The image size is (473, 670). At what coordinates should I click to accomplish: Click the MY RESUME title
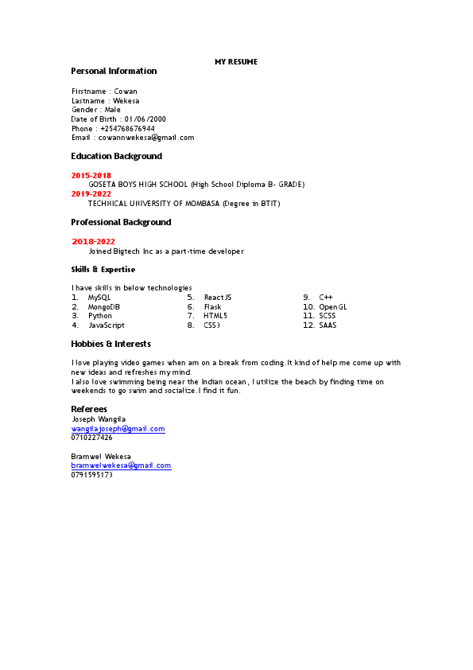click(236, 62)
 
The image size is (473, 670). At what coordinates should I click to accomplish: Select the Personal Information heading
click(114, 72)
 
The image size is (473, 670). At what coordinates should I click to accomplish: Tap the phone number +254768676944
click(127, 128)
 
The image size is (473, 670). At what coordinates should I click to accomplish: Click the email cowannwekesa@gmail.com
click(145, 138)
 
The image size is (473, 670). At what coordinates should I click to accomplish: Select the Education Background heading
click(116, 157)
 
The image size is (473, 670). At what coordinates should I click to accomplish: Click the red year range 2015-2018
click(91, 175)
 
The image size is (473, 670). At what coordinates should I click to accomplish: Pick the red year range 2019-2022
click(91, 193)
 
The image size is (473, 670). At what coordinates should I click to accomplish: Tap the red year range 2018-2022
click(94, 241)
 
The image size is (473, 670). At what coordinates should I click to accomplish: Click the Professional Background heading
click(121, 223)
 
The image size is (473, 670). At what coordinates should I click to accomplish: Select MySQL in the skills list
click(99, 297)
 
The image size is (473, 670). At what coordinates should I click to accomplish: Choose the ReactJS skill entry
click(218, 297)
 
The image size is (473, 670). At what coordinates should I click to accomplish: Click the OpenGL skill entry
click(333, 306)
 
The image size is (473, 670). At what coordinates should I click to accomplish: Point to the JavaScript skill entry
click(106, 325)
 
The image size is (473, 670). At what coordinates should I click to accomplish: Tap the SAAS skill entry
click(328, 325)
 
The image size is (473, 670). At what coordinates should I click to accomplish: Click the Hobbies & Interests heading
click(110, 345)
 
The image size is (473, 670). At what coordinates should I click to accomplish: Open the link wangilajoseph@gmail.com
click(118, 429)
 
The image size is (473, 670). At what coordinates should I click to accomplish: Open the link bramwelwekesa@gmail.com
click(121, 465)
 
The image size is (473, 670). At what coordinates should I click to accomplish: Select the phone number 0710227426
click(91, 438)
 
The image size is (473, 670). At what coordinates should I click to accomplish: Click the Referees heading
click(89, 409)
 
